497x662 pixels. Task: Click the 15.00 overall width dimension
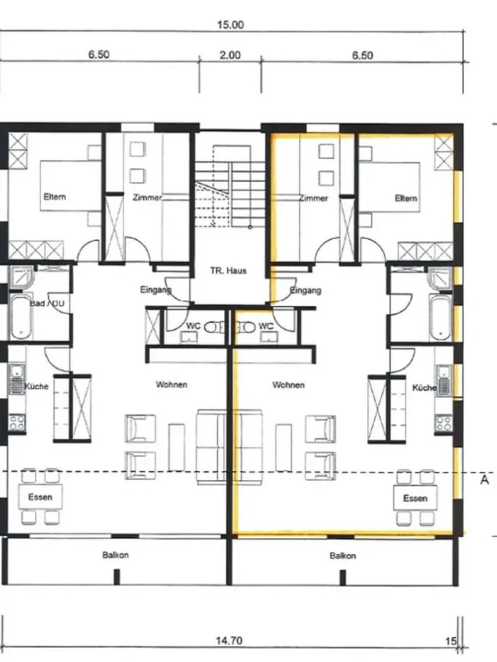230,25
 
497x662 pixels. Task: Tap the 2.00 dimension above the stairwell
230,55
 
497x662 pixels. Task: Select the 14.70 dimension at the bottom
229,641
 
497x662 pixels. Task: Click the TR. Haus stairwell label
228,271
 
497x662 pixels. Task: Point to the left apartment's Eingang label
156,290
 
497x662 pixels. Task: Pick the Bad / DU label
47,303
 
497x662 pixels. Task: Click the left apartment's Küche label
36,386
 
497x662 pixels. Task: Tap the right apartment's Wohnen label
289,385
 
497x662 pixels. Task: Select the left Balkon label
115,555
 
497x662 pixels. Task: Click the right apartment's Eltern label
406,198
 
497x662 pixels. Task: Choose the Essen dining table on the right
415,498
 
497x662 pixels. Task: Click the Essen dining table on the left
40,496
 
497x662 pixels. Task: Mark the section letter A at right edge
484,479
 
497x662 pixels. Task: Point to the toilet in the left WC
211,327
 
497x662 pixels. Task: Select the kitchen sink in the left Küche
17,379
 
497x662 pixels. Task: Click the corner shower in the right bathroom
439,278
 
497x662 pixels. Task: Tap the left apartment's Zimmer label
147,197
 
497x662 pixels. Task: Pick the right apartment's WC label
265,326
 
